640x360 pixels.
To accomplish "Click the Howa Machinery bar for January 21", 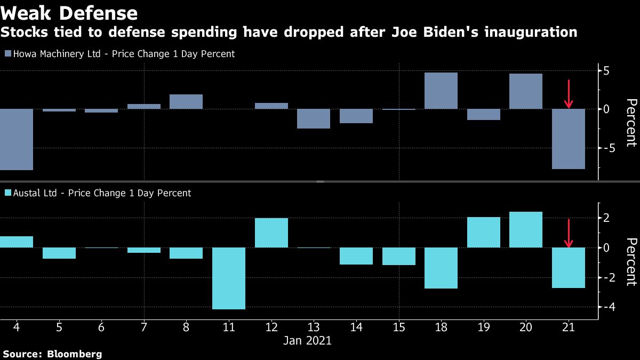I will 569,139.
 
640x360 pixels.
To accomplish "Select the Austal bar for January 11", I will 229,278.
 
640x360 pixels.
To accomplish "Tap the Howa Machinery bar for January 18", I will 441,91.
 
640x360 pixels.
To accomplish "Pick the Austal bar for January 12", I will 271,233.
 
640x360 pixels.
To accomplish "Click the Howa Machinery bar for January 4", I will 16,139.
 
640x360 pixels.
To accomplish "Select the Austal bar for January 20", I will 526,230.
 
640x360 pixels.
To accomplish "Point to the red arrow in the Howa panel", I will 569,94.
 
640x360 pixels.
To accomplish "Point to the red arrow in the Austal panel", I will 569,234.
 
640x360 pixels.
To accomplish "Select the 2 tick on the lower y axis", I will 607,218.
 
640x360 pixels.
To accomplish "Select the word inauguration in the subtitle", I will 530,33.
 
